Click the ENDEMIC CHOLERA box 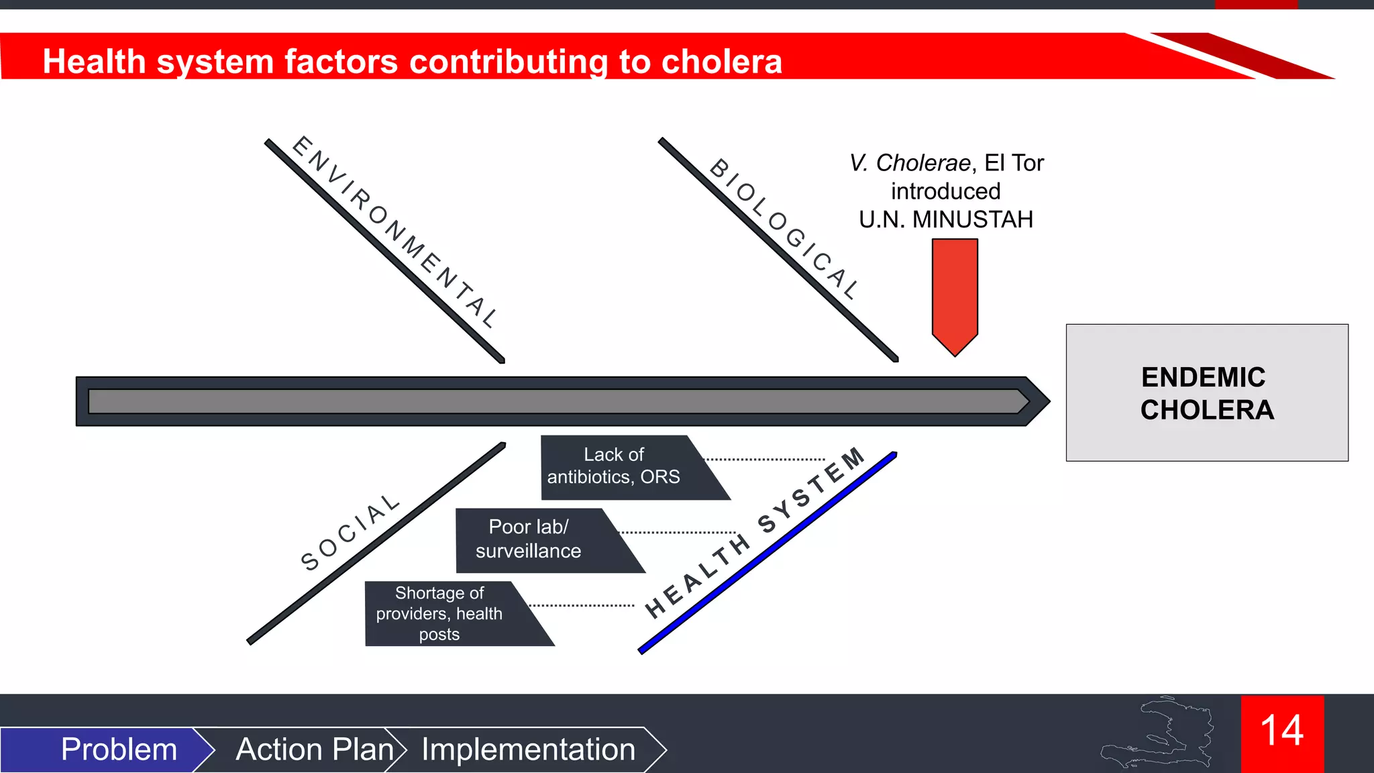point(1206,393)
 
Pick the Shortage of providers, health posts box point(446,614)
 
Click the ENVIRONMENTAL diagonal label point(396,231)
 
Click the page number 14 point(1281,731)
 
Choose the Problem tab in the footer point(118,750)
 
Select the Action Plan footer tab point(314,750)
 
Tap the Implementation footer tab point(528,750)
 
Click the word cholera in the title point(721,62)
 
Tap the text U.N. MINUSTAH point(945,219)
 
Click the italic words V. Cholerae point(910,163)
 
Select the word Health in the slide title point(94,62)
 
